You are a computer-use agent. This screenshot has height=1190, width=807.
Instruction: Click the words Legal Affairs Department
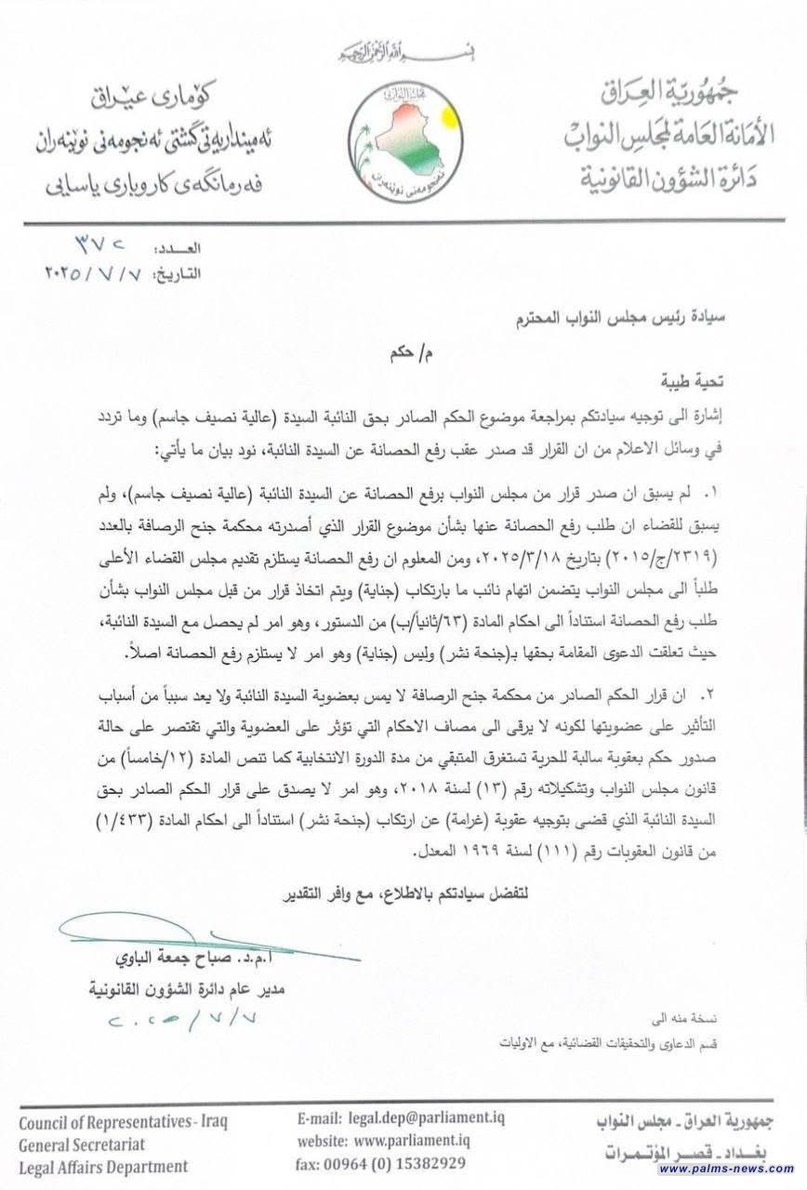click(x=103, y=1166)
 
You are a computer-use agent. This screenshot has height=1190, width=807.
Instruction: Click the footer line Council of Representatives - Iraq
click(x=123, y=1120)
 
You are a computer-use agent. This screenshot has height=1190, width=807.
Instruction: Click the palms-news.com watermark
click(x=726, y=1169)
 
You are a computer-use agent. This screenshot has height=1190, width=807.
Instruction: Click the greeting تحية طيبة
click(x=690, y=380)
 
